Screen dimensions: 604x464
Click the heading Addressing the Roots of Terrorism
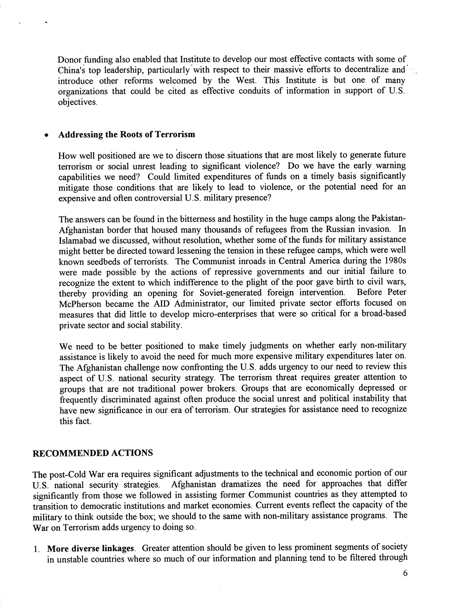point(127,135)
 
